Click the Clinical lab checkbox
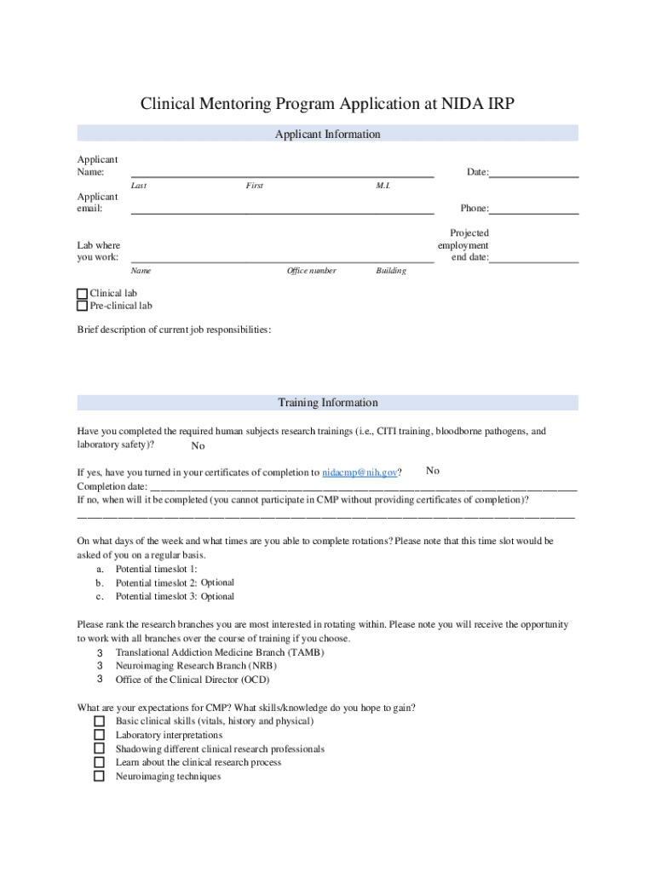[x=83, y=293]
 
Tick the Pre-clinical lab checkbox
[x=83, y=306]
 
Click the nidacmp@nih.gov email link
[x=360, y=473]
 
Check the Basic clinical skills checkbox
[x=99, y=721]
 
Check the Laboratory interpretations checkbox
[x=99, y=735]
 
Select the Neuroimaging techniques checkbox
[x=99, y=777]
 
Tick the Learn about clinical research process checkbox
[x=99, y=763]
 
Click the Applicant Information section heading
[x=327, y=135]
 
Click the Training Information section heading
[x=327, y=403]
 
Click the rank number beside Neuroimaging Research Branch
[x=100, y=666]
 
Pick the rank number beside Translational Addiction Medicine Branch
[x=100, y=652]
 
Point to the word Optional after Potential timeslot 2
[x=217, y=582]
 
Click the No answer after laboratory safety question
[x=198, y=446]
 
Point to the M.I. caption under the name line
[x=383, y=186]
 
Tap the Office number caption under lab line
[x=312, y=271]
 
